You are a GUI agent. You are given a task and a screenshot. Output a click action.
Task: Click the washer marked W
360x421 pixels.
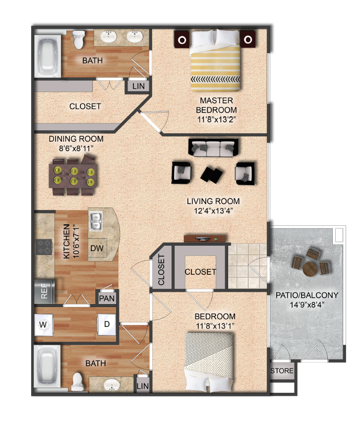click(x=42, y=325)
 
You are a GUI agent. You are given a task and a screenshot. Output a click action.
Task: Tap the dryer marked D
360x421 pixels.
click(x=106, y=325)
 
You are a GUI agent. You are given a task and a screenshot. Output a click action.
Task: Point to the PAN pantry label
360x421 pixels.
click(x=107, y=298)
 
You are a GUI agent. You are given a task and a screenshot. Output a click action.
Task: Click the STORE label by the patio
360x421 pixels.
click(x=282, y=370)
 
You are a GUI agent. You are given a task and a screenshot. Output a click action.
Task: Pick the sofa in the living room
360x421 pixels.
click(x=213, y=147)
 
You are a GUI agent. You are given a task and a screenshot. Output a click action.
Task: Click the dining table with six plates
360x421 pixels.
click(x=73, y=176)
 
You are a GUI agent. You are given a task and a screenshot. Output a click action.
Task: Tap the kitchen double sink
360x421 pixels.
click(x=95, y=221)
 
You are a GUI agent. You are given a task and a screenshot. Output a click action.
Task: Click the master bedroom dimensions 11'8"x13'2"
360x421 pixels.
click(x=216, y=119)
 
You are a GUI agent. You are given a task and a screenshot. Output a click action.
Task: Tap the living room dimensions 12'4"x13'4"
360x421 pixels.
click(x=213, y=210)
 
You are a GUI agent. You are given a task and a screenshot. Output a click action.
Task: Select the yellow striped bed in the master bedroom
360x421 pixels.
click(x=216, y=61)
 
